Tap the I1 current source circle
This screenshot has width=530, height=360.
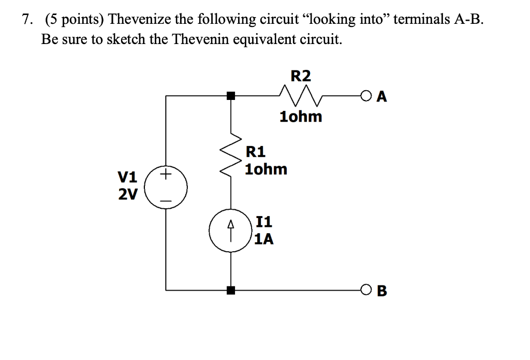[230, 231]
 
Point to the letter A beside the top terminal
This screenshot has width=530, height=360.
[382, 97]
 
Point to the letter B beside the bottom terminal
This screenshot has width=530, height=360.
[382, 291]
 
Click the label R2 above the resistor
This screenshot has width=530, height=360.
[301, 76]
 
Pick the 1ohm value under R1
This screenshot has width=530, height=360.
[266, 169]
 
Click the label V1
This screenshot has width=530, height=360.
[128, 177]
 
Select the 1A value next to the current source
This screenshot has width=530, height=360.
[264, 239]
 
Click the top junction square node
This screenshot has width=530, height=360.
[231, 96]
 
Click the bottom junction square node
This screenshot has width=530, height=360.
[231, 291]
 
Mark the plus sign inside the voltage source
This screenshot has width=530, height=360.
[166, 175]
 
